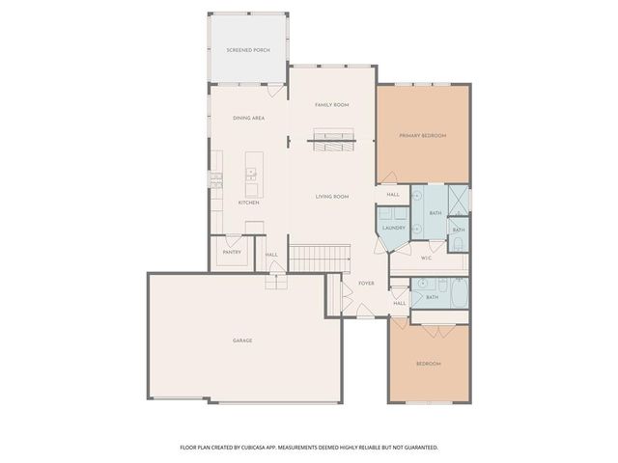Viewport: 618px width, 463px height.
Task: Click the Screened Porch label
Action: click(248, 49)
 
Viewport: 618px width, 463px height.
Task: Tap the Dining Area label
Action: click(248, 118)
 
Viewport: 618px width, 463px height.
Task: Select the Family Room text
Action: click(331, 104)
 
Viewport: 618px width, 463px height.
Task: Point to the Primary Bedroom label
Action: click(423, 136)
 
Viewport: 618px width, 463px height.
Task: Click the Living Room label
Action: click(331, 197)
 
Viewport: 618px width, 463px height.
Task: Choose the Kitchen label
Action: click(248, 203)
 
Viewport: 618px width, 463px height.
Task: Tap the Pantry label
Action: click(232, 252)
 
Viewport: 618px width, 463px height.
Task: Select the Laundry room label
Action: click(393, 229)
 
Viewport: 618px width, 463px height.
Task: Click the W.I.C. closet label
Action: click(426, 258)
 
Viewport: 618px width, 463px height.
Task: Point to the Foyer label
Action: click(366, 284)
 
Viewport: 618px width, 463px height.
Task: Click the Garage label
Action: click(242, 340)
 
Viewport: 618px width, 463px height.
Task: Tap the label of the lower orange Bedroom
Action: click(429, 364)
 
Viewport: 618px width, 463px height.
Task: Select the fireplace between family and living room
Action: click(331, 142)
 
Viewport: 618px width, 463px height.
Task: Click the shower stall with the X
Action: click(460, 199)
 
